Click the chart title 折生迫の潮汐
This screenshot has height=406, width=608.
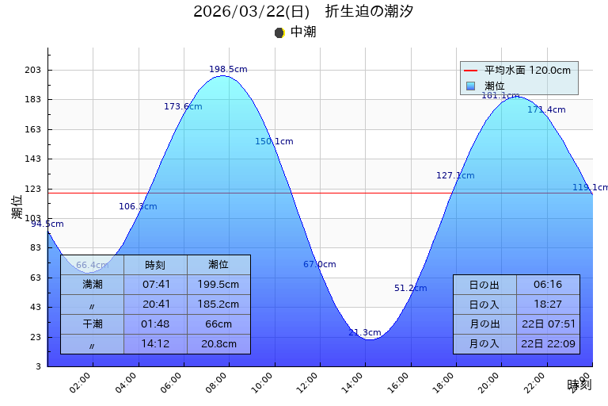(369, 12)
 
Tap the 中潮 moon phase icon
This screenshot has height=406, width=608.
(279, 33)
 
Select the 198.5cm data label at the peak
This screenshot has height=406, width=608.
(228, 70)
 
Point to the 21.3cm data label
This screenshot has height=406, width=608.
(364, 333)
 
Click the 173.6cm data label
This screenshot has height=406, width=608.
(183, 107)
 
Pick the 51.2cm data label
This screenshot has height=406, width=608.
(410, 289)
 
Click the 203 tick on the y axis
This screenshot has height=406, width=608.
(32, 71)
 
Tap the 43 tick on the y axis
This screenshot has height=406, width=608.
(36, 308)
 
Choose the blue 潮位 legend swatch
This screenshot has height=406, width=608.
(470, 86)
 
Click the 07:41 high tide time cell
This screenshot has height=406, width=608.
(155, 284)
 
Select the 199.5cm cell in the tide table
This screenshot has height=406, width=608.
(218, 284)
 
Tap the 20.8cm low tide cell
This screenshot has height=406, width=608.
(218, 344)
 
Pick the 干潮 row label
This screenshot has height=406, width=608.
(92, 324)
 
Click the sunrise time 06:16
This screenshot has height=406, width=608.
(548, 285)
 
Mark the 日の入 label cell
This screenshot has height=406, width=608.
(484, 304)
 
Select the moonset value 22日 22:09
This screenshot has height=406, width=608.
(548, 344)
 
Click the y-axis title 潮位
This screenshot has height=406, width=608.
(17, 207)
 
